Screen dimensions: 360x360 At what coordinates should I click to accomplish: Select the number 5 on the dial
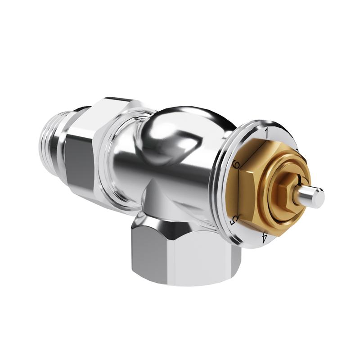[x=234, y=219]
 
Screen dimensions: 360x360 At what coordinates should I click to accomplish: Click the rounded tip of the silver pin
[x=319, y=197]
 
